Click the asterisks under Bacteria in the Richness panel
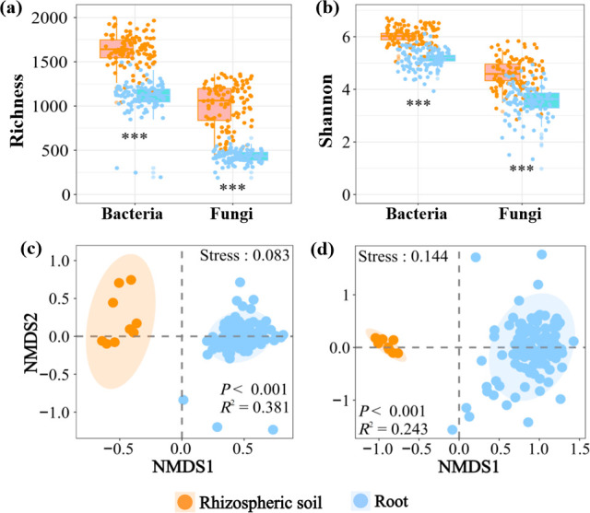coord(136,139)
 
